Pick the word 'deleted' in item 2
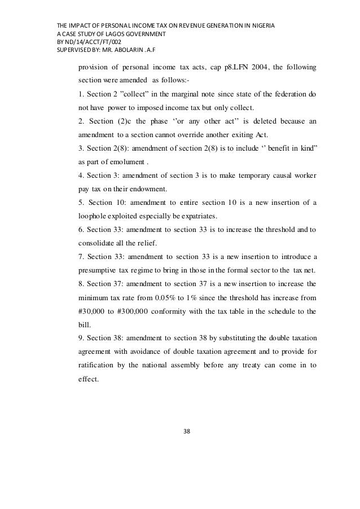point(267,121)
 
